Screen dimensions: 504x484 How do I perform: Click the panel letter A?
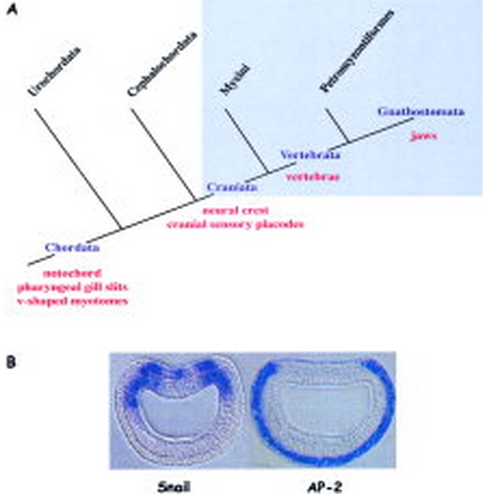9,13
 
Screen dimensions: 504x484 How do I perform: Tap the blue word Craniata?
232,187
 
